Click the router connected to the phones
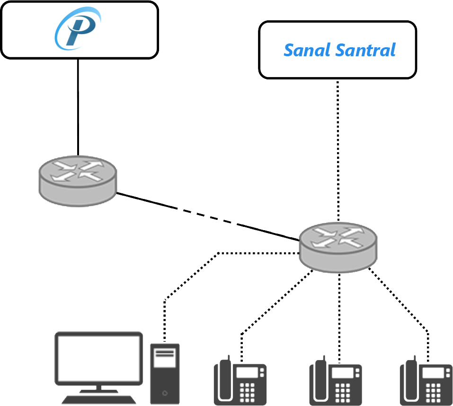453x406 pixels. click(338, 246)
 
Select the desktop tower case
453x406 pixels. click(165, 373)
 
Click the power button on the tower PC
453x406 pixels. click(164, 392)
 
